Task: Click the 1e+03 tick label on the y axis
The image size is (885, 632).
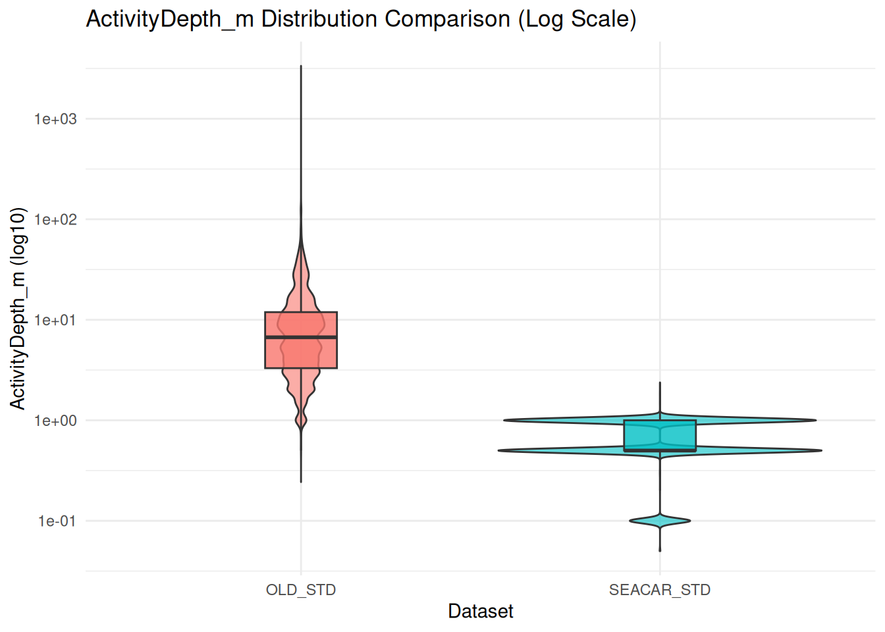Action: (x=55, y=119)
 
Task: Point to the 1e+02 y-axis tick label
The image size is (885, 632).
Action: (x=55, y=220)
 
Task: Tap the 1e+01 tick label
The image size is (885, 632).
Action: (x=55, y=321)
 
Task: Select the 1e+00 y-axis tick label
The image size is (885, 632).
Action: (x=55, y=421)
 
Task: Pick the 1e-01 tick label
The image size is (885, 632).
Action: (x=57, y=521)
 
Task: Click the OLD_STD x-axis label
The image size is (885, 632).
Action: (x=301, y=590)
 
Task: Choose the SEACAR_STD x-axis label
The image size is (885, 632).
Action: (x=660, y=590)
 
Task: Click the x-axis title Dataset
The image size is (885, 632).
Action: (x=481, y=612)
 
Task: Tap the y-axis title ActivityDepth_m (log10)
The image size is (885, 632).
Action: (x=18, y=308)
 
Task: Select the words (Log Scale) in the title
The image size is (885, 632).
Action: (x=577, y=19)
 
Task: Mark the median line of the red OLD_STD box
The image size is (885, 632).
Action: (x=301, y=337)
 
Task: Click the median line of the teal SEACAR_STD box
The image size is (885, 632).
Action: (x=660, y=450)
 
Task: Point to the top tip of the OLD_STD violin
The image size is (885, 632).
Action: (x=301, y=66)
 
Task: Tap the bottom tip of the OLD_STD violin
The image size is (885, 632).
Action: (x=301, y=482)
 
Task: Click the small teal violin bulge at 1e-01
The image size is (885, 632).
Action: (x=660, y=521)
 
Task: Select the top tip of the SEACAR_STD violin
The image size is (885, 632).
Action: (x=660, y=382)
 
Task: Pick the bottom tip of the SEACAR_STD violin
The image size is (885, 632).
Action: (x=660, y=551)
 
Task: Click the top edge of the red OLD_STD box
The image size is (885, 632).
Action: (x=301, y=312)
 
